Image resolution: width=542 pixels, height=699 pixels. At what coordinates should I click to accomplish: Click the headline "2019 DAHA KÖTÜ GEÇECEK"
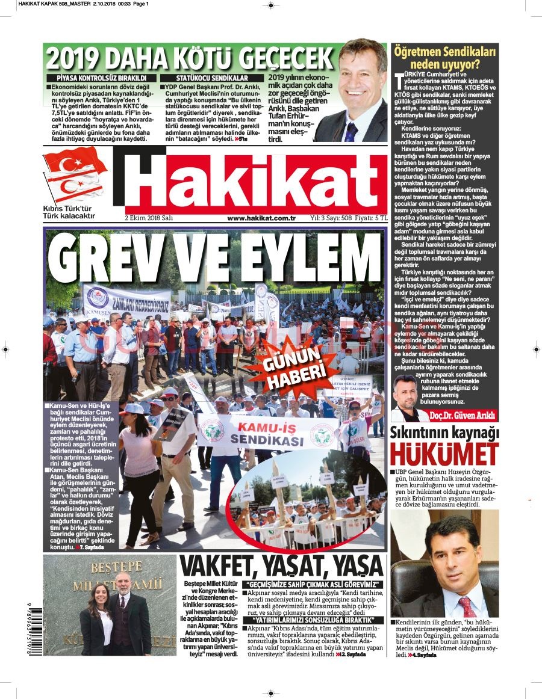[190, 58]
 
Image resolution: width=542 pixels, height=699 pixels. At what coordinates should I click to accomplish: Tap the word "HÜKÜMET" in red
[444, 454]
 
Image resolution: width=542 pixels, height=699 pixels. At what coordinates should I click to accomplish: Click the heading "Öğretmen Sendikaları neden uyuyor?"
[444, 58]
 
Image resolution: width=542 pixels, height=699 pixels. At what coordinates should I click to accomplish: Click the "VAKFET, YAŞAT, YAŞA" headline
[282, 567]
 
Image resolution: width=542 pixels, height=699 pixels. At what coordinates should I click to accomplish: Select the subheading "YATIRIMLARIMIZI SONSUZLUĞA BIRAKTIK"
[305, 620]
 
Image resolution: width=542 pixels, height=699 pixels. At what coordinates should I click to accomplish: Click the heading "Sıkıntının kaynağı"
[444, 433]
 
